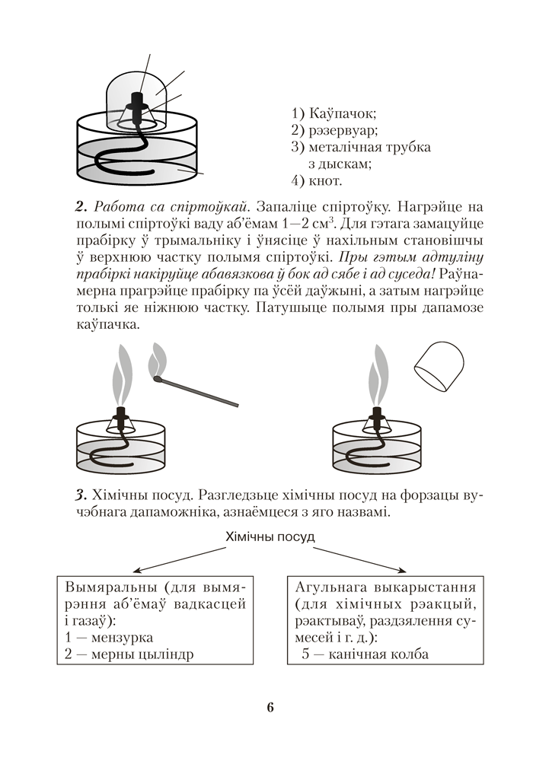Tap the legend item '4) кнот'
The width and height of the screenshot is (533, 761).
point(318,181)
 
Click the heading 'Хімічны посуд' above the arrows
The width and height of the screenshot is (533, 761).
point(270,537)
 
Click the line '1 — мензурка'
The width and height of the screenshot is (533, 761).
point(110,637)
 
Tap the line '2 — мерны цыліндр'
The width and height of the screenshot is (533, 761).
point(130,654)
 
